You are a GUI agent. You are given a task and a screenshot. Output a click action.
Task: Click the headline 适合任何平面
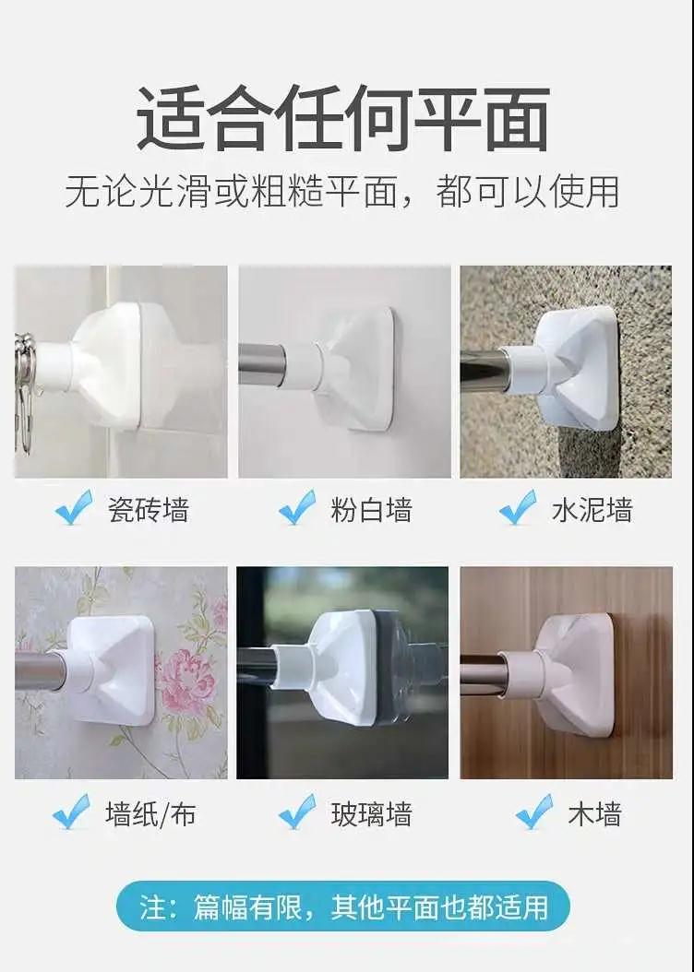[x=343, y=118]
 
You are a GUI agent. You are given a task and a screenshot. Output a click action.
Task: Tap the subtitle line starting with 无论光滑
[x=342, y=192]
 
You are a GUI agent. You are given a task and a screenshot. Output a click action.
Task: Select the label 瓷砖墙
[x=149, y=510]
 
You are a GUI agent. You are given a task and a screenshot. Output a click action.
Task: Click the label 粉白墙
[x=371, y=510]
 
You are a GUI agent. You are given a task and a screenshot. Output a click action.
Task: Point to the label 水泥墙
[x=592, y=510]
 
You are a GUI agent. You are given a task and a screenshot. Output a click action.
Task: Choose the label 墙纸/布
[x=150, y=814]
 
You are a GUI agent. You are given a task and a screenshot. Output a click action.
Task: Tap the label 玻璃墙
[x=371, y=814]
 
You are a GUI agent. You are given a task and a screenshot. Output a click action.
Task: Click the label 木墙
[x=594, y=814]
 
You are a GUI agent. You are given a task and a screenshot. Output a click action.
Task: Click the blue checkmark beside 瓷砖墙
[x=74, y=507]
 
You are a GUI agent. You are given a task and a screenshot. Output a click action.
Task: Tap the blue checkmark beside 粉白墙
[x=297, y=507]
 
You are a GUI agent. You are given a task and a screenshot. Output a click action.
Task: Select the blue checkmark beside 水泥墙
[x=517, y=507]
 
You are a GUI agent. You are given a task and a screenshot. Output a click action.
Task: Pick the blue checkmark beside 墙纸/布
[x=71, y=812]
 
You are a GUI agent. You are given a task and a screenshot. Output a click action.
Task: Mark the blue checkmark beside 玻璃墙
[x=297, y=812]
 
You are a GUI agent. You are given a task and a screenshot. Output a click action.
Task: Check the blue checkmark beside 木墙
[x=534, y=812]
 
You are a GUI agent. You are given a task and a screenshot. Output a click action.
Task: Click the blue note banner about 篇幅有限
[x=343, y=906]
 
